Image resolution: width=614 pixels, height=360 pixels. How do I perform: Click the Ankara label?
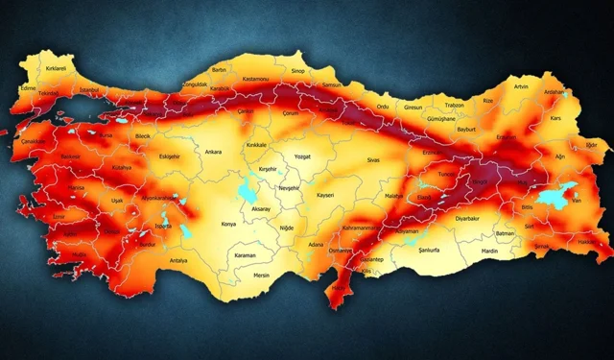[x=213, y=151]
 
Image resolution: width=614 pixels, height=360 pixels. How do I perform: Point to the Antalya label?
[x=178, y=260]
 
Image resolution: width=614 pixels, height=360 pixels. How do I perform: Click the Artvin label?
[x=521, y=86]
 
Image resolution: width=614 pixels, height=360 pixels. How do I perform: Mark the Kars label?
[x=555, y=118]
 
